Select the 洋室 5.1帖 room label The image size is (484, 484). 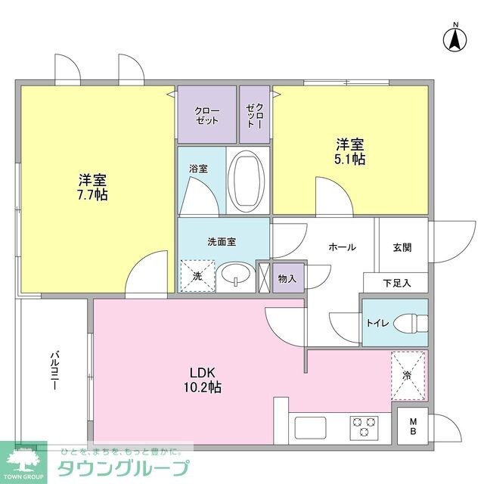(x=351, y=152)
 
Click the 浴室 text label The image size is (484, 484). (x=198, y=169)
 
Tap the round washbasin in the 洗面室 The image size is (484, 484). (x=237, y=276)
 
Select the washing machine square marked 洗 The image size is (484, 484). (x=197, y=276)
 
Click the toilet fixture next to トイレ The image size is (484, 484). (x=408, y=323)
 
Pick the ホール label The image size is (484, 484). (x=342, y=247)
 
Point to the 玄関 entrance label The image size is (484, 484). (x=402, y=247)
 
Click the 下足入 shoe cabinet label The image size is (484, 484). (x=396, y=283)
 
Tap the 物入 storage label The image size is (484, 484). (x=287, y=278)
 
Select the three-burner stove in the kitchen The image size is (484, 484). (x=365, y=427)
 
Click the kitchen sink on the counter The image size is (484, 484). (x=310, y=427)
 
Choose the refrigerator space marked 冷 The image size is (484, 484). (x=408, y=374)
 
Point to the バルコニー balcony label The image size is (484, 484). (x=55, y=369)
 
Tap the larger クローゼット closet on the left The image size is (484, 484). (x=206, y=115)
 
